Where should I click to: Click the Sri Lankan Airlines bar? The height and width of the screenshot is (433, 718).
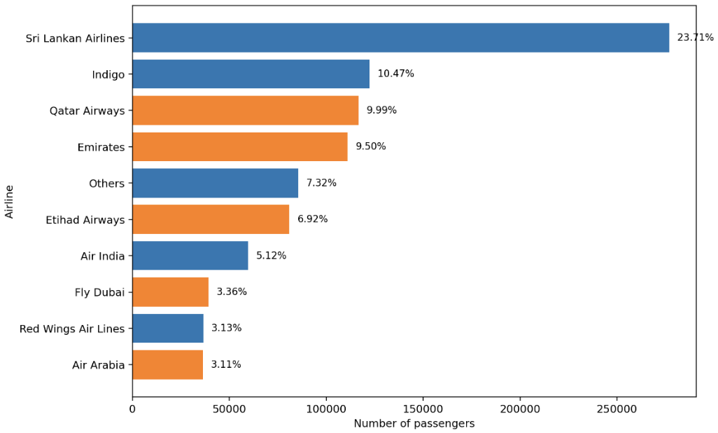[400, 38]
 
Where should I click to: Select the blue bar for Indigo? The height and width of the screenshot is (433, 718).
[251, 74]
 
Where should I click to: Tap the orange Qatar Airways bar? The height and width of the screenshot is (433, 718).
[245, 111]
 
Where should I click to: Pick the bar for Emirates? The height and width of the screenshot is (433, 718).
[239, 147]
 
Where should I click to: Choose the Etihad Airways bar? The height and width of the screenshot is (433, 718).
[210, 219]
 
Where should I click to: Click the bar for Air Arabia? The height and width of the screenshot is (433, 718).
[167, 364]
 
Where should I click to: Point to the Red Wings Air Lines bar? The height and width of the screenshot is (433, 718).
[167, 328]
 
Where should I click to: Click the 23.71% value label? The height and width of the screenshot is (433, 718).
[695, 38]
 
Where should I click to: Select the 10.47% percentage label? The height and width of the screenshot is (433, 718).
[395, 74]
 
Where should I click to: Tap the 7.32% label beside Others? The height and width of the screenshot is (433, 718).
[321, 183]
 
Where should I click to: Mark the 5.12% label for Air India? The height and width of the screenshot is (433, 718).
[271, 256]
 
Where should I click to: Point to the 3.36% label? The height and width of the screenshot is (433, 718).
[232, 291]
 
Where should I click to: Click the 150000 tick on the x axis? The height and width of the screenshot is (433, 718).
[423, 408]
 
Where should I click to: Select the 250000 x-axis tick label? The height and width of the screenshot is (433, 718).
[617, 408]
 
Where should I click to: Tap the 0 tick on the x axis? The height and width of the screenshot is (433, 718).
[132, 408]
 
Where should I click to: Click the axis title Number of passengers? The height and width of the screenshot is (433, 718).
[414, 424]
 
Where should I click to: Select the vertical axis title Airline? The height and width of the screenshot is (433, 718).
[10, 201]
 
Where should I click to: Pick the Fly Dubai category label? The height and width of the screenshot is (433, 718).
[99, 292]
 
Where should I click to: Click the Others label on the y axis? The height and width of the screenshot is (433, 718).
[106, 184]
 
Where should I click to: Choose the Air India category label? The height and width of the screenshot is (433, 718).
[102, 256]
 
